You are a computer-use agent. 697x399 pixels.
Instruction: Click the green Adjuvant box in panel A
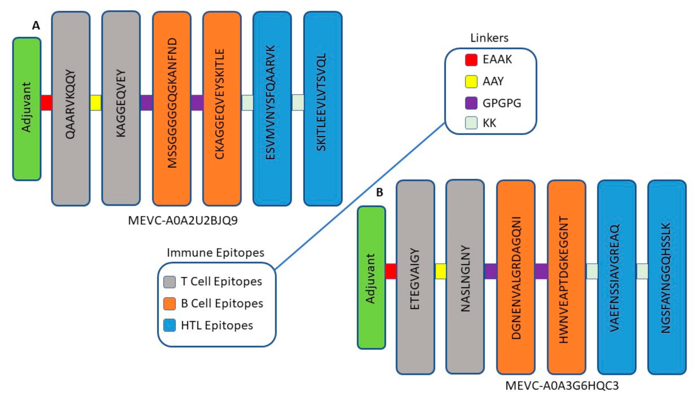click(27, 109)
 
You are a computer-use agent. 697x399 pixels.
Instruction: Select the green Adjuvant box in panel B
click(371, 278)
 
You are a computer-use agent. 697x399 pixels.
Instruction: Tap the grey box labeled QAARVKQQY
click(70, 109)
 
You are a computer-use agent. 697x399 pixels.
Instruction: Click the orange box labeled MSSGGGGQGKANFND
click(172, 109)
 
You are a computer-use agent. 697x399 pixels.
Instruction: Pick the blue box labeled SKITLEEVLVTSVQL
click(323, 109)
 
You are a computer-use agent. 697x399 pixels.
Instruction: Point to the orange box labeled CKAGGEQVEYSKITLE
click(222, 109)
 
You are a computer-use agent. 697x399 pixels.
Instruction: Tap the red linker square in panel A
click(46, 103)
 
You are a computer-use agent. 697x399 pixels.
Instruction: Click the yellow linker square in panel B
click(441, 271)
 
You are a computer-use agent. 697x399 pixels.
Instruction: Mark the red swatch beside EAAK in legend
click(471, 60)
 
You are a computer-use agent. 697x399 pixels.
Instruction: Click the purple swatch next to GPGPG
click(471, 103)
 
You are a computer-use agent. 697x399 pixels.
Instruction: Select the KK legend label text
click(489, 123)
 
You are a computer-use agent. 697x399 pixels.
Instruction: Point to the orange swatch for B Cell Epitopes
click(169, 304)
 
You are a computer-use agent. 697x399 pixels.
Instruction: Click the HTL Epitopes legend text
click(217, 325)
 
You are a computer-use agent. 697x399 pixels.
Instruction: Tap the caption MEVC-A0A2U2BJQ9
click(183, 220)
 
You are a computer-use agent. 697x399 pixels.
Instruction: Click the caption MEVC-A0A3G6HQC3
click(561, 386)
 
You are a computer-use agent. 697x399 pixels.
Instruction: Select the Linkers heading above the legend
click(489, 38)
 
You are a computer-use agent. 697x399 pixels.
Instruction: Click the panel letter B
click(380, 193)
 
